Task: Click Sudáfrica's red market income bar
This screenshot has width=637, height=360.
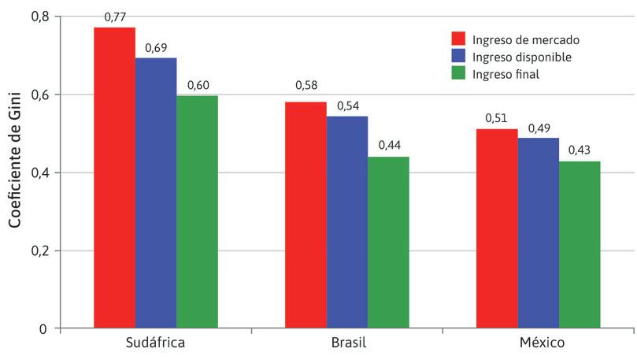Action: [x=114, y=177]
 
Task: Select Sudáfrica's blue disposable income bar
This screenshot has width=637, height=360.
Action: [x=156, y=193]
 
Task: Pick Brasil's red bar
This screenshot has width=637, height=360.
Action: [x=306, y=215]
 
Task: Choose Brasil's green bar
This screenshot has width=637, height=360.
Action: [x=388, y=243]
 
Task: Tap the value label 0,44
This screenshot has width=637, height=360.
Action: [x=389, y=146]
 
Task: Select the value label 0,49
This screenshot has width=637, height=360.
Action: [x=539, y=128]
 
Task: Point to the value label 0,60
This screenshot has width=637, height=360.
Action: [x=198, y=85]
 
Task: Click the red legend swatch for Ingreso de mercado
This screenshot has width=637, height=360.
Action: [x=458, y=39]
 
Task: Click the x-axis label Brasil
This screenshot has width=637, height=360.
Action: [x=347, y=344]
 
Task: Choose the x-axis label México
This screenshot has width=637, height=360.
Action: [x=539, y=344]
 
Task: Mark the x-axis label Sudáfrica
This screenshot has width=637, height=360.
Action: [x=156, y=344]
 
